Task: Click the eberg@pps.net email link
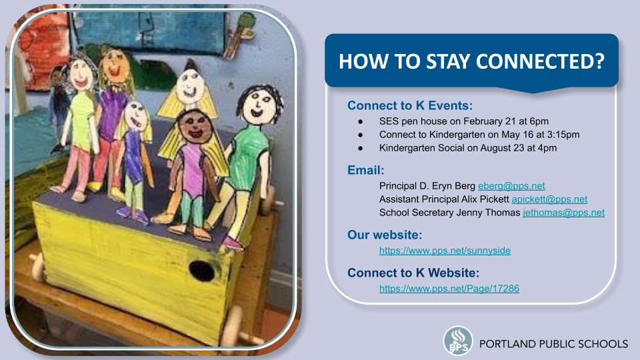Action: [511, 186]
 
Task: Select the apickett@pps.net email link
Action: [549, 199]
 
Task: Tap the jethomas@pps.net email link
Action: [564, 213]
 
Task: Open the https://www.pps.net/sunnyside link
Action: [445, 251]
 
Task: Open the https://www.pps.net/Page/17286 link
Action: [449, 289]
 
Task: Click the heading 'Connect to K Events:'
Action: [410, 106]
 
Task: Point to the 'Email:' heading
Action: [366, 170]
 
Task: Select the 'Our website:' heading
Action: [385, 235]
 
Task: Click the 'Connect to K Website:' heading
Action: [413, 273]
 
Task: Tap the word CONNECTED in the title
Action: [540, 61]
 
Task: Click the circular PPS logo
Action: [458, 341]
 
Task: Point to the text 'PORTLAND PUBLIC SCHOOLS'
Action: [553, 344]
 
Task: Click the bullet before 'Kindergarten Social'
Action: [361, 148]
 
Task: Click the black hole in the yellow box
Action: [201, 271]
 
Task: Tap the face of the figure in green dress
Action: [258, 105]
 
